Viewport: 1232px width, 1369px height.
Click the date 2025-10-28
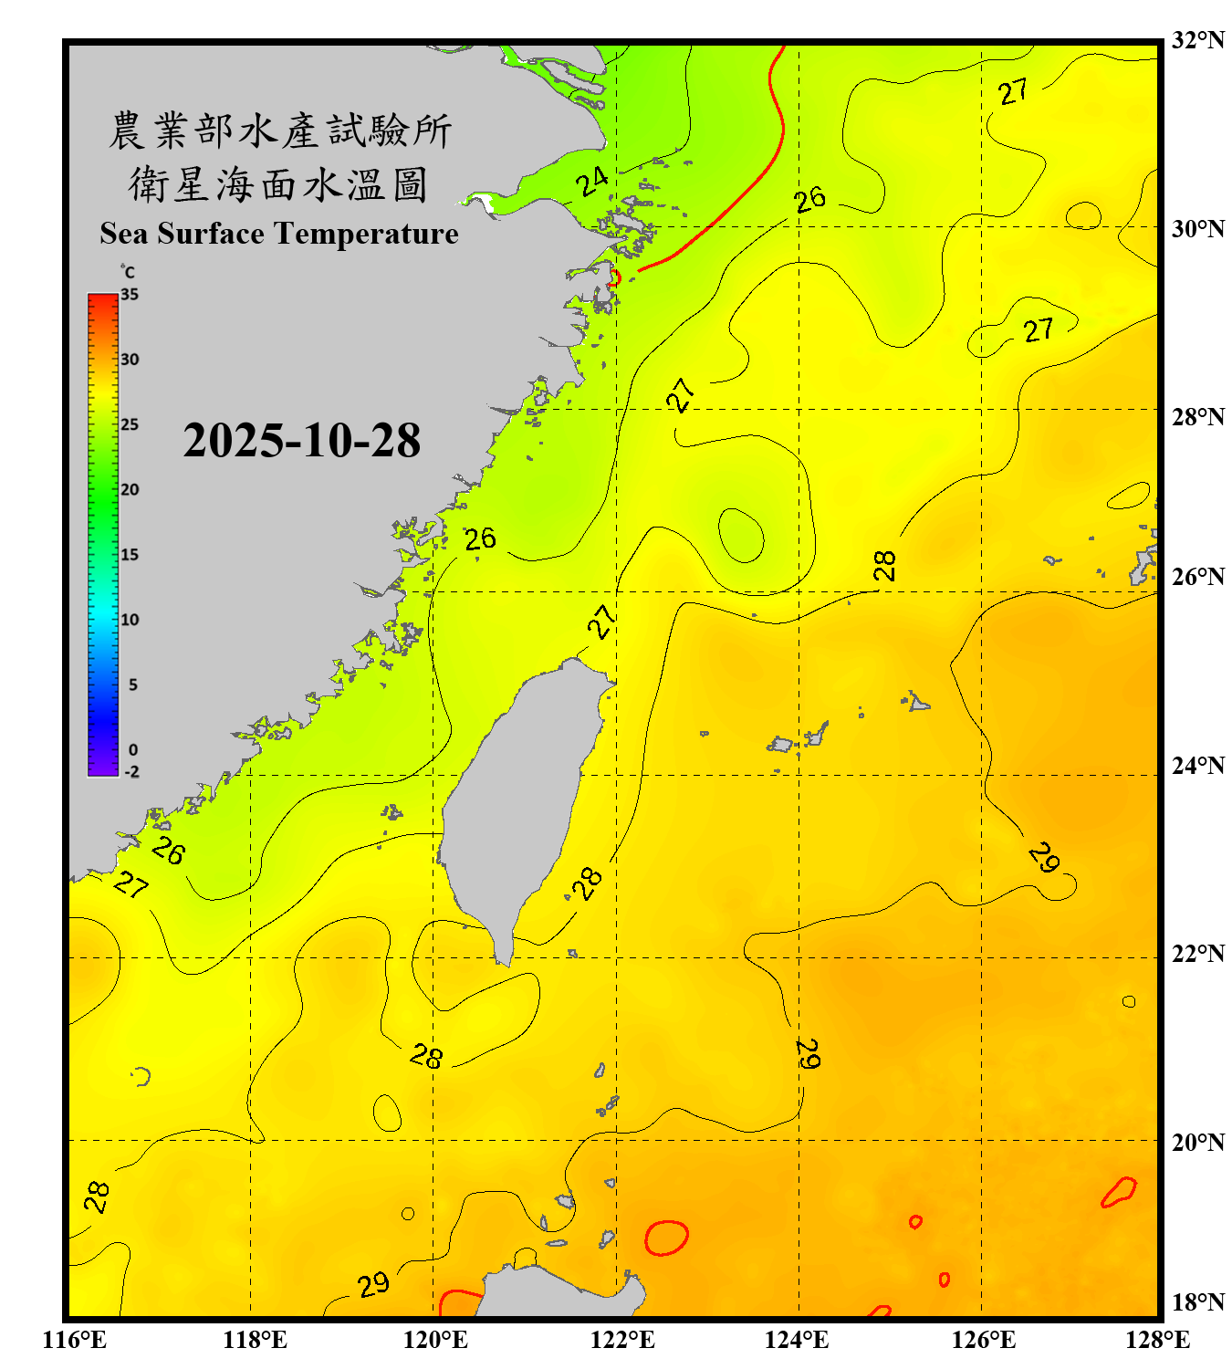pyautogui.click(x=301, y=441)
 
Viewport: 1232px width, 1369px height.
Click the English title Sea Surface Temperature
pyautogui.click(x=279, y=234)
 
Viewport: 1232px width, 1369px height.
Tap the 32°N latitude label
pyautogui.click(x=1197, y=40)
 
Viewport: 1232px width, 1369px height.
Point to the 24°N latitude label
pyautogui.click(x=1197, y=766)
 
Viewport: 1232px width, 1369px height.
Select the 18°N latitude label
pyautogui.click(x=1197, y=1302)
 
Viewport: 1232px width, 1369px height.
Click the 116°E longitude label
pyautogui.click(x=75, y=1340)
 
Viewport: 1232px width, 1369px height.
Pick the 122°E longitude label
pyautogui.click(x=622, y=1340)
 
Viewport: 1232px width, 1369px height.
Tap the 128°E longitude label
pyautogui.click(x=1157, y=1340)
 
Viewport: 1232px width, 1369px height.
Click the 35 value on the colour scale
pyautogui.click(x=130, y=294)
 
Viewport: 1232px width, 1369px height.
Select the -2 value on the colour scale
pyautogui.click(x=131, y=772)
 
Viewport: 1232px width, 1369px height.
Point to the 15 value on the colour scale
pyautogui.click(x=130, y=555)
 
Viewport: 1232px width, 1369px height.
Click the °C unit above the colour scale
pyautogui.click(x=127, y=272)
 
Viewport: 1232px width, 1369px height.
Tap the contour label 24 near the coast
pyautogui.click(x=592, y=181)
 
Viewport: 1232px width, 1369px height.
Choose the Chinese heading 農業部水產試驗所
pyautogui.click(x=279, y=131)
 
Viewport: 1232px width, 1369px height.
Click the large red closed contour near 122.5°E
pyautogui.click(x=666, y=1238)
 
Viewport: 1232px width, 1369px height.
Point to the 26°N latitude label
pyautogui.click(x=1197, y=577)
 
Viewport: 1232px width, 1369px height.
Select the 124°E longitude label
pyautogui.click(x=797, y=1340)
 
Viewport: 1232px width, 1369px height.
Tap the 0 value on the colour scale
pyautogui.click(x=133, y=750)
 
